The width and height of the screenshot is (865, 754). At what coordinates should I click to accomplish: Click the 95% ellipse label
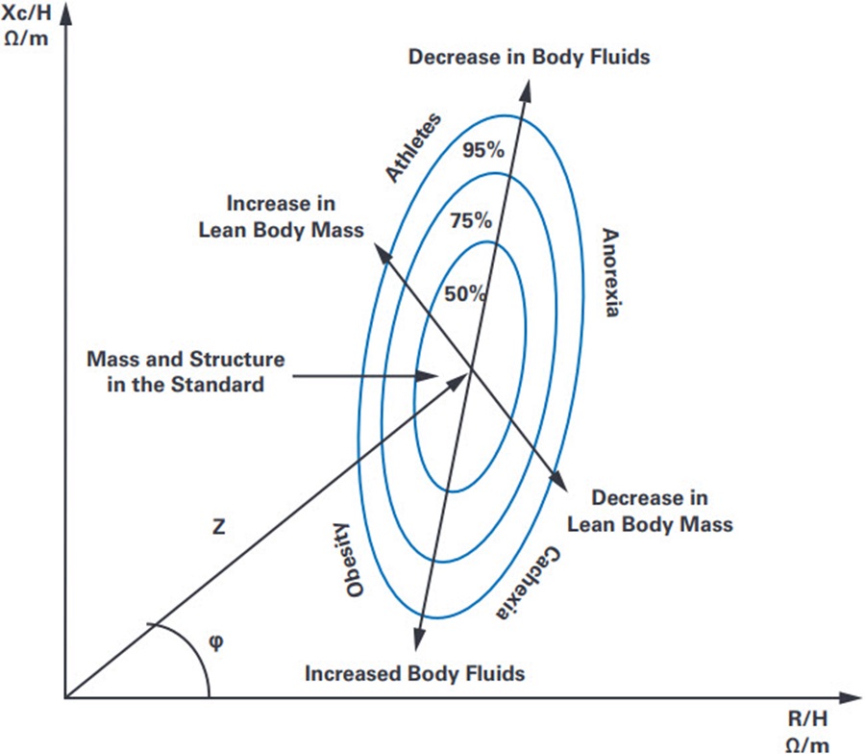[x=483, y=150]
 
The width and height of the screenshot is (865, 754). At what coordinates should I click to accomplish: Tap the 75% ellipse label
[x=471, y=220]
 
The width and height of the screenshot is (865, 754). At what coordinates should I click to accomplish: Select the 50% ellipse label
[x=465, y=293]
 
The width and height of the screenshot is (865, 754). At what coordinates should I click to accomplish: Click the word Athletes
[x=413, y=147]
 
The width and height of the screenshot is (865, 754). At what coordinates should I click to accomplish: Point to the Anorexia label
[x=610, y=272]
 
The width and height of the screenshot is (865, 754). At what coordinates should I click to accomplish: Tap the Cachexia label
[x=528, y=584]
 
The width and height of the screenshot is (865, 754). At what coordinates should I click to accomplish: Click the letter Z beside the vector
[x=219, y=527]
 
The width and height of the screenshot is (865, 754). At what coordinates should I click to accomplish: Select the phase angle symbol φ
[x=217, y=641]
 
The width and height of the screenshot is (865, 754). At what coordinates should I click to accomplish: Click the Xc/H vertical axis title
[x=27, y=26]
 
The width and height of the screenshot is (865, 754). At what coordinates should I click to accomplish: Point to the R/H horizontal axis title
[x=807, y=732]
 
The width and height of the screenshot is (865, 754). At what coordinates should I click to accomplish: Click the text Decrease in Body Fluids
[x=529, y=57]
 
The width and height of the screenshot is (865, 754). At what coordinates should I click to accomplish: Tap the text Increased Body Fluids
[x=415, y=673]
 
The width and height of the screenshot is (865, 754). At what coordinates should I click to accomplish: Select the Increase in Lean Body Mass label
[x=281, y=216]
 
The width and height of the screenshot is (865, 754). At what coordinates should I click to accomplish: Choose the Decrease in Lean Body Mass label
[x=650, y=511]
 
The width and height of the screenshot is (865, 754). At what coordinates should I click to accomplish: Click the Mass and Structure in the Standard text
[x=185, y=371]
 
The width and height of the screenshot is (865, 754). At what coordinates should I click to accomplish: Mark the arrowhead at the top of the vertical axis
[x=66, y=13]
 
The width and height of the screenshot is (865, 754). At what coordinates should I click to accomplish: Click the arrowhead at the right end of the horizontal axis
[x=850, y=697]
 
